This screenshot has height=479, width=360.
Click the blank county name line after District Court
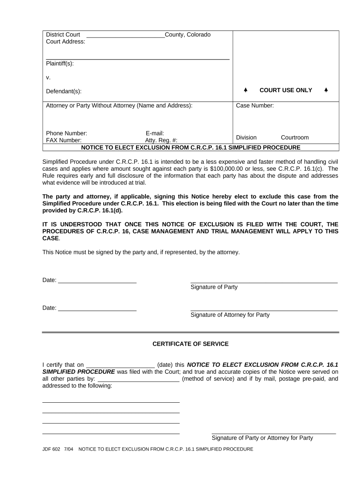point(125,36)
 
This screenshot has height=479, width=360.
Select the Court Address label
point(65,42)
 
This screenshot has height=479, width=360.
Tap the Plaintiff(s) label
point(60,64)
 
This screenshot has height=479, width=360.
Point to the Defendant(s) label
point(64,91)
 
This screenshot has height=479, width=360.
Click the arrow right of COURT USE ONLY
point(326,90)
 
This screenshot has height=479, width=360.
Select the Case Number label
point(255,106)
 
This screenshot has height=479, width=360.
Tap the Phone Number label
point(66,133)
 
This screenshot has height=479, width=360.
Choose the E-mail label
point(155,133)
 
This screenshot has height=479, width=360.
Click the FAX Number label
point(64,140)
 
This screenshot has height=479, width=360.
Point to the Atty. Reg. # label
point(161,140)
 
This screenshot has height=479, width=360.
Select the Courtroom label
point(295,138)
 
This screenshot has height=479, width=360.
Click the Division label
point(246,138)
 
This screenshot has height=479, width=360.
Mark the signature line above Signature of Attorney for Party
point(264,310)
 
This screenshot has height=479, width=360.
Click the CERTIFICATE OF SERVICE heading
point(190,344)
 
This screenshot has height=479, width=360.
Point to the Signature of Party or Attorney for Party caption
point(262,438)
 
